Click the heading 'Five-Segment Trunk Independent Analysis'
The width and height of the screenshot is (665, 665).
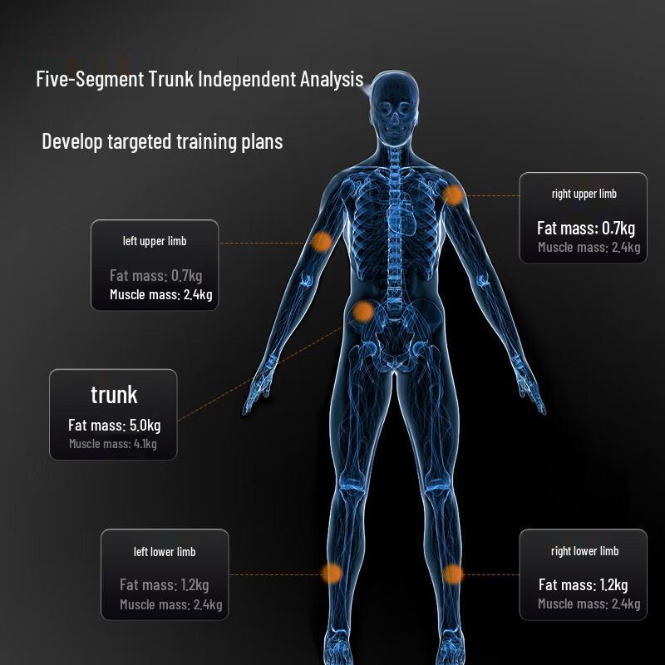click(199, 79)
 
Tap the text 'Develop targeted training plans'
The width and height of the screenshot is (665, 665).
click(162, 141)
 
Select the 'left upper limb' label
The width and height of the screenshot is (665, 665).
click(155, 241)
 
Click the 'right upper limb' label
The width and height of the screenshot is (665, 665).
click(584, 194)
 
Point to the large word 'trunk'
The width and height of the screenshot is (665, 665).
click(114, 395)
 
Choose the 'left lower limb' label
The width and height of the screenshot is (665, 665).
click(165, 552)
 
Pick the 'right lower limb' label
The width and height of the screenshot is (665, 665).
click(584, 551)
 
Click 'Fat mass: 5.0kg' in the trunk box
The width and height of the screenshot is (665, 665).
click(115, 425)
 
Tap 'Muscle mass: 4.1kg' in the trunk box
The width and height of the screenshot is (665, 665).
click(113, 444)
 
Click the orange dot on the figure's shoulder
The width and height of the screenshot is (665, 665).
click(453, 195)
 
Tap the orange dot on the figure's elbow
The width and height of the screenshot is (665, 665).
click(322, 242)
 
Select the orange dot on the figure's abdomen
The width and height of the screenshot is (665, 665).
click(362, 312)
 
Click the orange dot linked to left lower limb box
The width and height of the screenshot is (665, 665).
click(331, 574)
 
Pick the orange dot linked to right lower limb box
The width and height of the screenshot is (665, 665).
click(453, 574)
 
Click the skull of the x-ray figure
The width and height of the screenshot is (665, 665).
click(394, 107)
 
